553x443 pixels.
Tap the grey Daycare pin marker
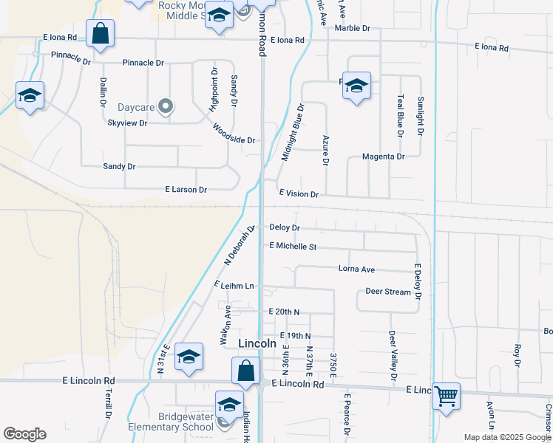tap(166, 107)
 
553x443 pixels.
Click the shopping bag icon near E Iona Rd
tap(100, 33)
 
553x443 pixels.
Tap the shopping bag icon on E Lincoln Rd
tap(245, 371)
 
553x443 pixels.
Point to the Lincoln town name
tap(258, 344)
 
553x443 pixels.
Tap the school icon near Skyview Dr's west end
tap(30, 95)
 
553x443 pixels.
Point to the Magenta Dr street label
tap(384, 157)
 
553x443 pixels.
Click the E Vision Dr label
tap(299, 194)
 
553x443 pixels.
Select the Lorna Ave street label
tap(356, 269)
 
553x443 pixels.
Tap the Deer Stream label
tap(388, 292)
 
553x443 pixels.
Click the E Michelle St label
tap(293, 246)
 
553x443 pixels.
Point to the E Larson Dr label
tap(186, 190)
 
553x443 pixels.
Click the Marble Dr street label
tap(352, 28)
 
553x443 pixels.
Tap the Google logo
tap(24, 434)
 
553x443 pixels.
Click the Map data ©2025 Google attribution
tap(506, 437)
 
